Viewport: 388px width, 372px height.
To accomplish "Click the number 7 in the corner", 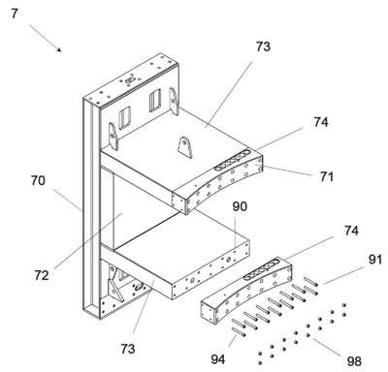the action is coord(15,14).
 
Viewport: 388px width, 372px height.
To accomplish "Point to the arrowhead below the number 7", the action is coord(59,49).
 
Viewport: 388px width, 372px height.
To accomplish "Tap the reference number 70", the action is coord(38,180).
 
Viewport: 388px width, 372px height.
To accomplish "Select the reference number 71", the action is coord(326,176).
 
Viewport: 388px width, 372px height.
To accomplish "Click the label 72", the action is coord(42,275).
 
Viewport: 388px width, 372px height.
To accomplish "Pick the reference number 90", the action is coord(240,206).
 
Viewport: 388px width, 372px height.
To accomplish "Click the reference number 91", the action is coord(374,260).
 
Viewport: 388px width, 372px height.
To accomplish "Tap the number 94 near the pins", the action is coord(218,359).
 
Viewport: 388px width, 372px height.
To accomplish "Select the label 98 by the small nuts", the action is coord(354,361).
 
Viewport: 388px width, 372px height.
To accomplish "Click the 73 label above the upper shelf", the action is coord(263,46).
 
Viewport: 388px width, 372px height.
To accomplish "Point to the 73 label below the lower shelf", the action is coord(128,349).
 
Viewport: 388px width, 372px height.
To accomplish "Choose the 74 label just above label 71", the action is coord(321,122).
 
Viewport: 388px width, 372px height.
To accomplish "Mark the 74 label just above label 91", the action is coord(351,231).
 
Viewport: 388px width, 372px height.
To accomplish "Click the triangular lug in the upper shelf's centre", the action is coord(185,147).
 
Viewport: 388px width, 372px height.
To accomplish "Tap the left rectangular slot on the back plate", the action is coord(124,117).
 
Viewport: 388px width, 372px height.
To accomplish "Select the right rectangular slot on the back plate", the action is coord(155,100).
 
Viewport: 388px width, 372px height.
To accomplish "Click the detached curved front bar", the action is coord(246,291).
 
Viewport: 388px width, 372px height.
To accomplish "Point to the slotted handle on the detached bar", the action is coord(261,269).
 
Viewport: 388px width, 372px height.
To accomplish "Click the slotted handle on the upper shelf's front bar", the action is coord(232,160).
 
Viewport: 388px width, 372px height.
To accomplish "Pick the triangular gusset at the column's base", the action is coord(114,285).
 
